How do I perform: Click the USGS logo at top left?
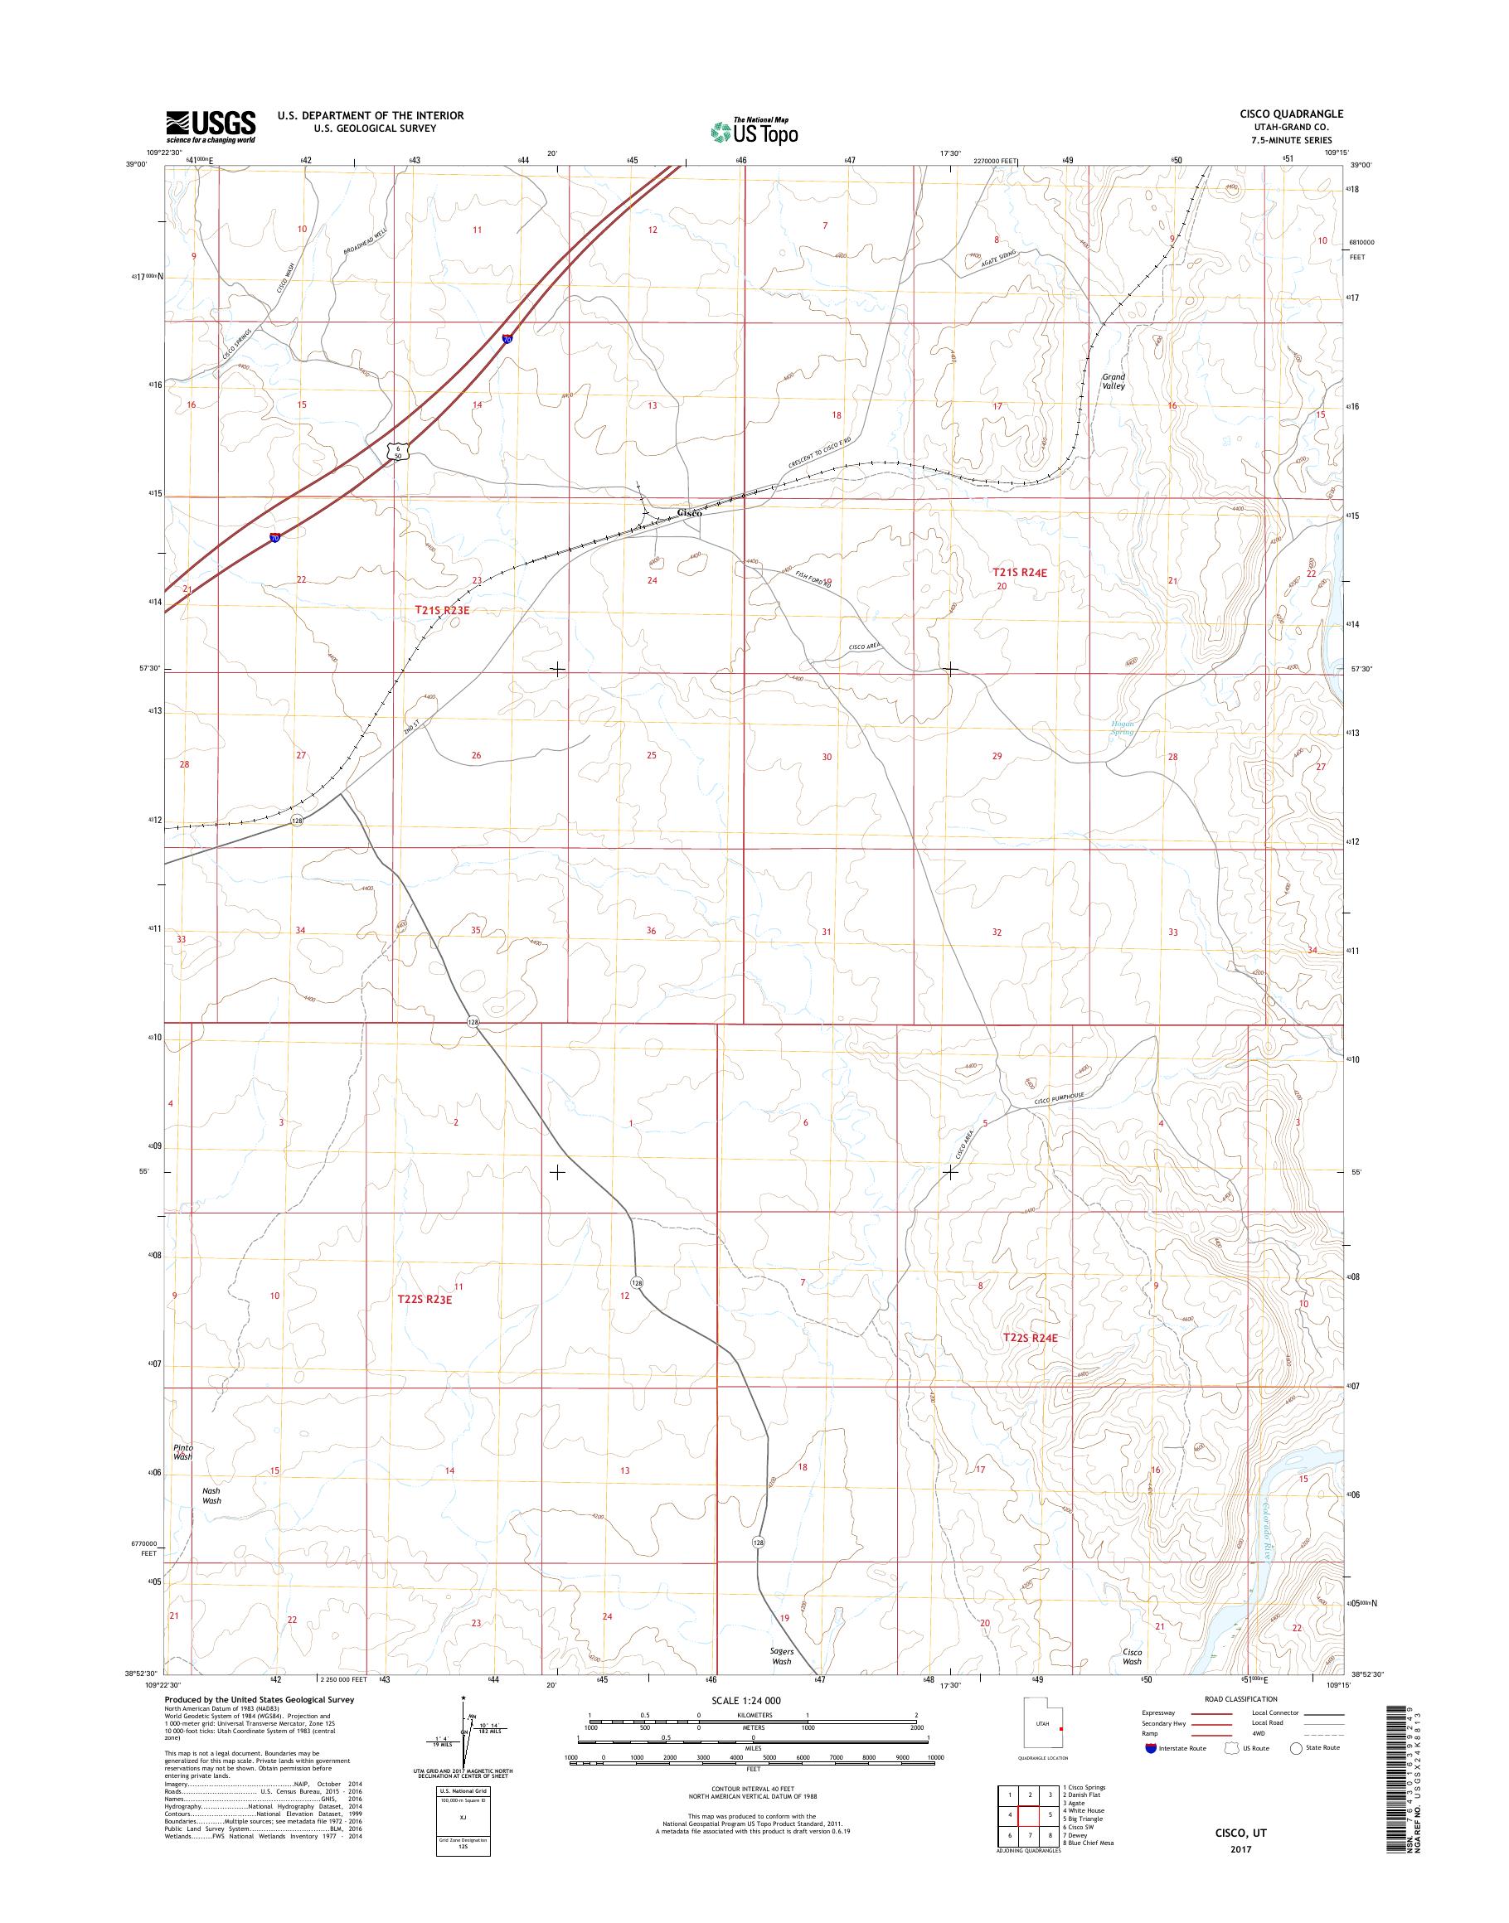pos(211,126)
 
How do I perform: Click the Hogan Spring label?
pos(1122,728)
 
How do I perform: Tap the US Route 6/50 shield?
pos(399,452)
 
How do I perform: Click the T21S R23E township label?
pos(440,609)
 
